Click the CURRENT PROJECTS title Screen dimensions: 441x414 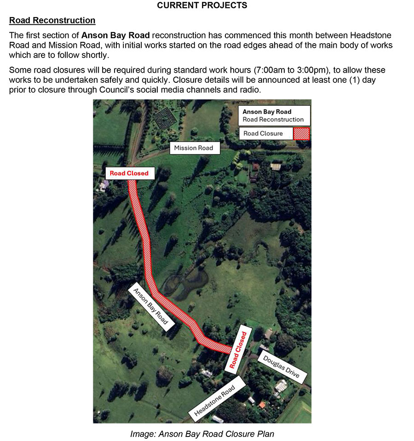click(x=202, y=6)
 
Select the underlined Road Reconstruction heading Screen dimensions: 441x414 click(x=52, y=21)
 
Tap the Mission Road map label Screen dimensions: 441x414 click(x=193, y=148)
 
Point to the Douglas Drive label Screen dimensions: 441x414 click(x=282, y=367)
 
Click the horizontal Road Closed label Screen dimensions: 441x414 click(x=129, y=173)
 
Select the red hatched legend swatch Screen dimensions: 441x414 click(x=302, y=134)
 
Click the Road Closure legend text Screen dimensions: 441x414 click(x=263, y=134)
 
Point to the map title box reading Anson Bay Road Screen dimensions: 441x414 click(x=274, y=115)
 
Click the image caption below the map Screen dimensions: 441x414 click(x=202, y=434)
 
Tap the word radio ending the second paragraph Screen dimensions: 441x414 click(x=250, y=89)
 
